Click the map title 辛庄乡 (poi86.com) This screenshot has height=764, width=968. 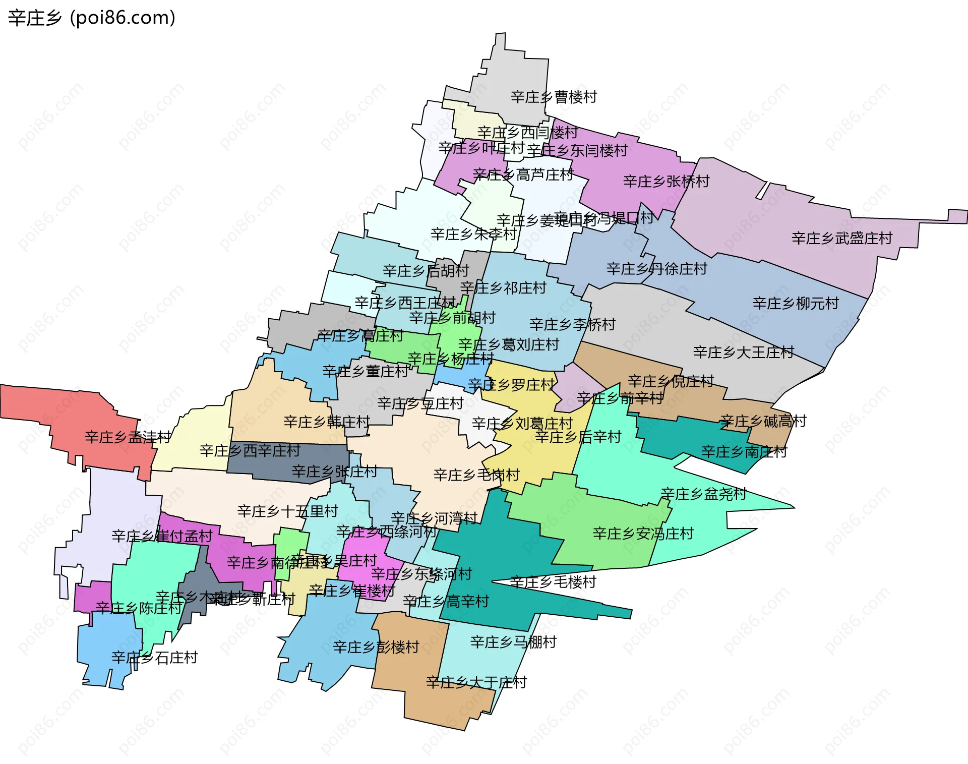pyautogui.click(x=92, y=18)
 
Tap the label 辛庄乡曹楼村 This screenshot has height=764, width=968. pyautogui.click(x=554, y=97)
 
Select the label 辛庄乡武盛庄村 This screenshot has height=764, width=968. pyautogui.click(x=841, y=238)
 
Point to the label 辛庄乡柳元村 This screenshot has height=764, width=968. pyautogui.click(x=795, y=303)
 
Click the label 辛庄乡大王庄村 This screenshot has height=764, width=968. pyautogui.click(x=743, y=352)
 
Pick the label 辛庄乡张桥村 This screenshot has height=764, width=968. pyautogui.click(x=666, y=181)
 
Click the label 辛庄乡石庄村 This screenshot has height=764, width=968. pyautogui.click(x=154, y=658)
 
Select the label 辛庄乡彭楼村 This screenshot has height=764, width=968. pyautogui.click(x=376, y=647)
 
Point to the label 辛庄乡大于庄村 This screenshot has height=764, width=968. pyautogui.click(x=476, y=682)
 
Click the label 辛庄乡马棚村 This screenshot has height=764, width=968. pyautogui.click(x=513, y=642)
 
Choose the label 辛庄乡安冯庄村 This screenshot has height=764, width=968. pyautogui.click(x=643, y=534)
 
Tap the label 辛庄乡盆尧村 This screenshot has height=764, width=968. pyautogui.click(x=703, y=494)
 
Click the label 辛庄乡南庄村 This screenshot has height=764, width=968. pyautogui.click(x=744, y=452)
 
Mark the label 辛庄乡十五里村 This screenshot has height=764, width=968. pyautogui.click(x=287, y=511)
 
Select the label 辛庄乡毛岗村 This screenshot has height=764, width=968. pyautogui.click(x=476, y=475)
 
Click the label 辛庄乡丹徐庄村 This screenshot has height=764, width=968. pyautogui.click(x=656, y=269)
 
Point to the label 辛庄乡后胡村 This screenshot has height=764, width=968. pyautogui.click(x=426, y=271)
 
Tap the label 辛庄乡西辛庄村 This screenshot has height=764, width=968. pyautogui.click(x=250, y=450)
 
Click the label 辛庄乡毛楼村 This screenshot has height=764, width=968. pyautogui.click(x=553, y=582)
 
